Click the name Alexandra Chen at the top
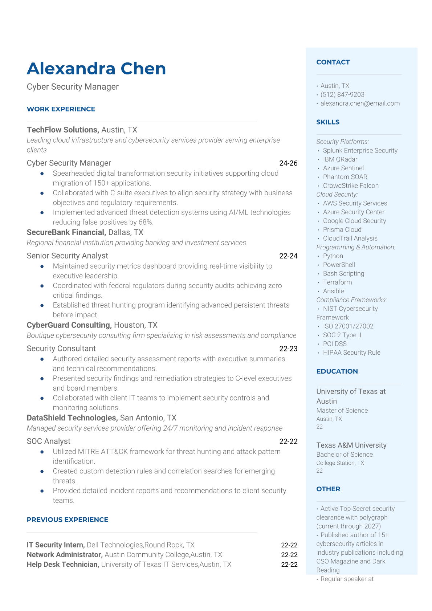tap(96, 69)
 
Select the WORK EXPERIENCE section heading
tap(61, 109)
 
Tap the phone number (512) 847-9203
tap(342, 95)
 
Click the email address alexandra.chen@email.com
tap(360, 103)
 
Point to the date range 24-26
tap(288, 163)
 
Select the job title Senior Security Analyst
tap(68, 256)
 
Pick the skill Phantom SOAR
tap(345, 177)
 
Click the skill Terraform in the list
tap(337, 282)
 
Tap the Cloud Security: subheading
tap(337, 195)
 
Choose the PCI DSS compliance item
tap(335, 344)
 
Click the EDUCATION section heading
tap(337, 371)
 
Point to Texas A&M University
tap(351, 445)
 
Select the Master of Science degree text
tap(342, 411)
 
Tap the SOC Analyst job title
tap(49, 441)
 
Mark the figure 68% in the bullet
tap(146, 222)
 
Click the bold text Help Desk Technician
tap(62, 565)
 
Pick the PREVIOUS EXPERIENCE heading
tap(68, 520)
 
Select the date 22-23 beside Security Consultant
tap(288, 349)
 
